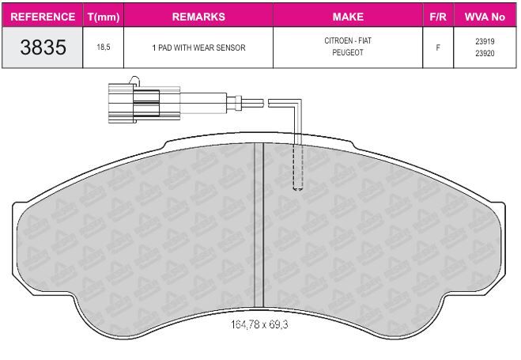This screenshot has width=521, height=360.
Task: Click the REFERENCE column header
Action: tap(43, 17)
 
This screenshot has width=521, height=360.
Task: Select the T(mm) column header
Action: tap(104, 17)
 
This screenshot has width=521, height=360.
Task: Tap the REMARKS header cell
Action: tap(198, 17)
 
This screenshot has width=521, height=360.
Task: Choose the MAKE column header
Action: tap(348, 17)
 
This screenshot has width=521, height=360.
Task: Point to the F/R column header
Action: tap(438, 17)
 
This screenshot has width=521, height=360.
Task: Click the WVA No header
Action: tap(485, 17)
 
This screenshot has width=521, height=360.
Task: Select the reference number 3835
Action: tap(43, 47)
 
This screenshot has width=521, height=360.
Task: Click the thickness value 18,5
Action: tap(104, 47)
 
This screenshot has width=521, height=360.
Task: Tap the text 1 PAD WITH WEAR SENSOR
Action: tap(198, 47)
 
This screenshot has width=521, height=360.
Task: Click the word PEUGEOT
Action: tap(348, 52)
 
